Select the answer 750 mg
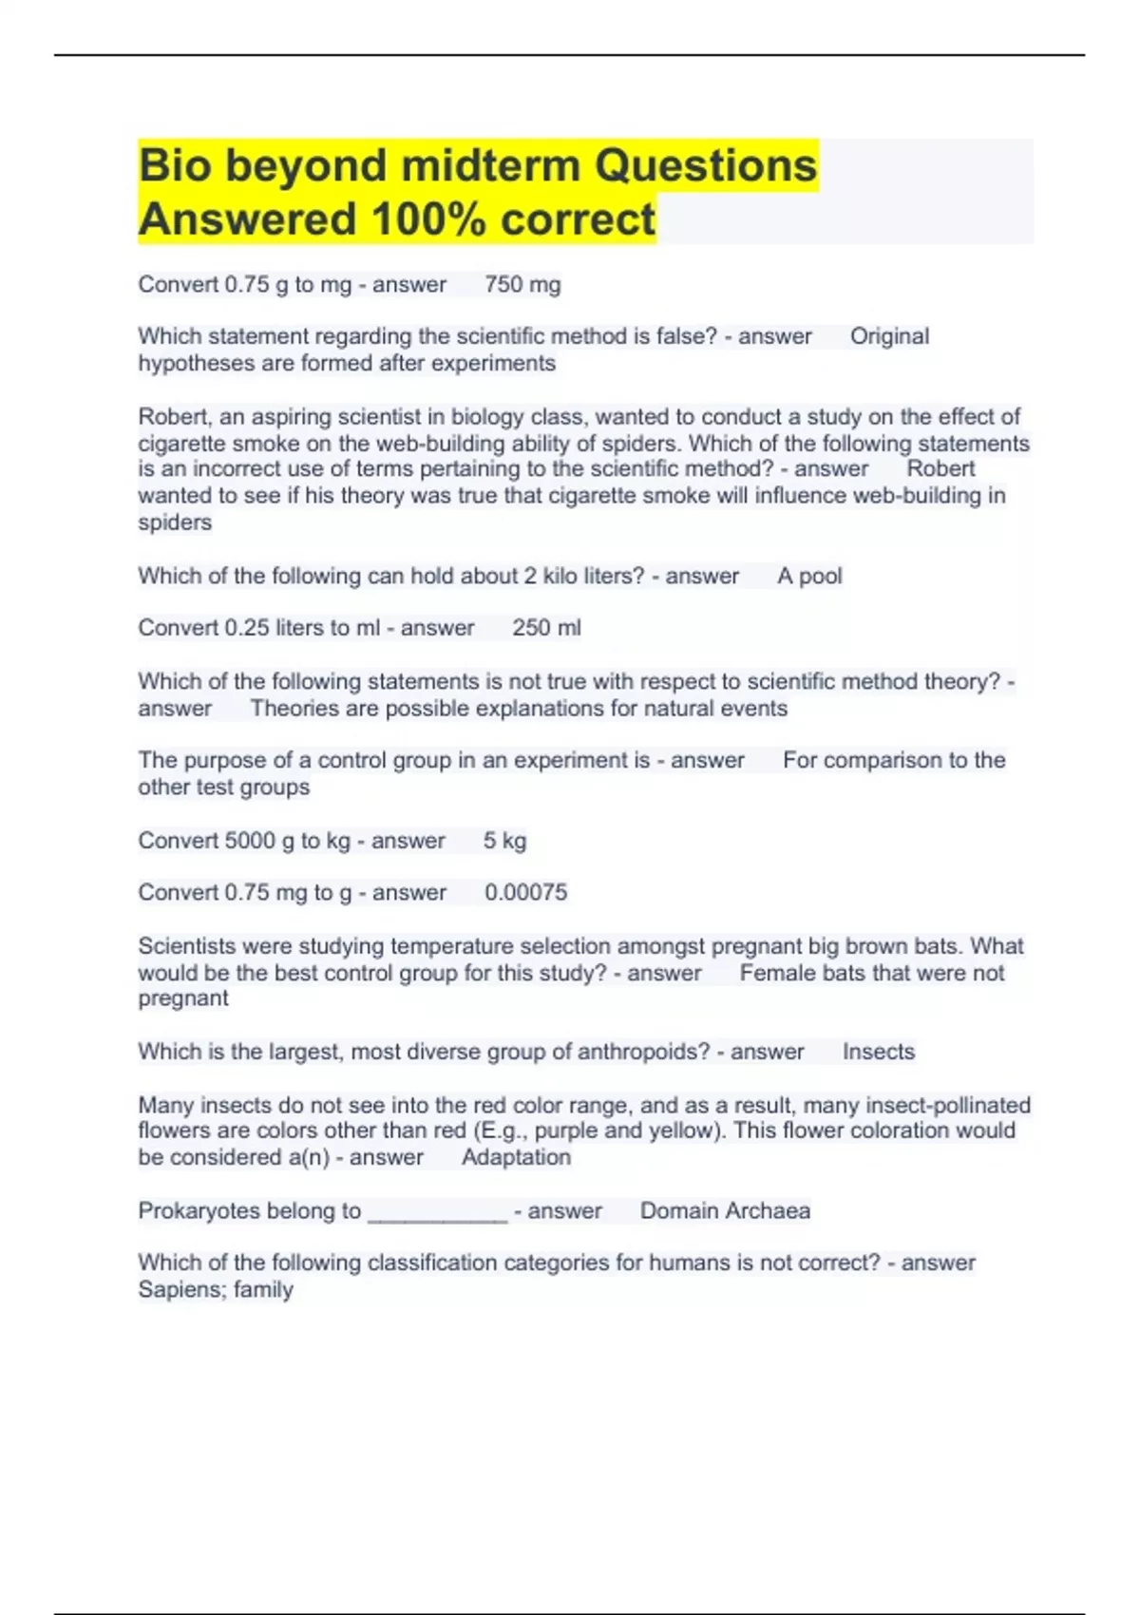522,285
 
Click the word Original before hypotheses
889,336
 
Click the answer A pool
809,577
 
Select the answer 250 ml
546,628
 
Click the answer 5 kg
504,841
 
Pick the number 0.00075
525,893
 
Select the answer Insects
879,1052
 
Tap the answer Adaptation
516,1157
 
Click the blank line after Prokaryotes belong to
437,1212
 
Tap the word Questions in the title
705,166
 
